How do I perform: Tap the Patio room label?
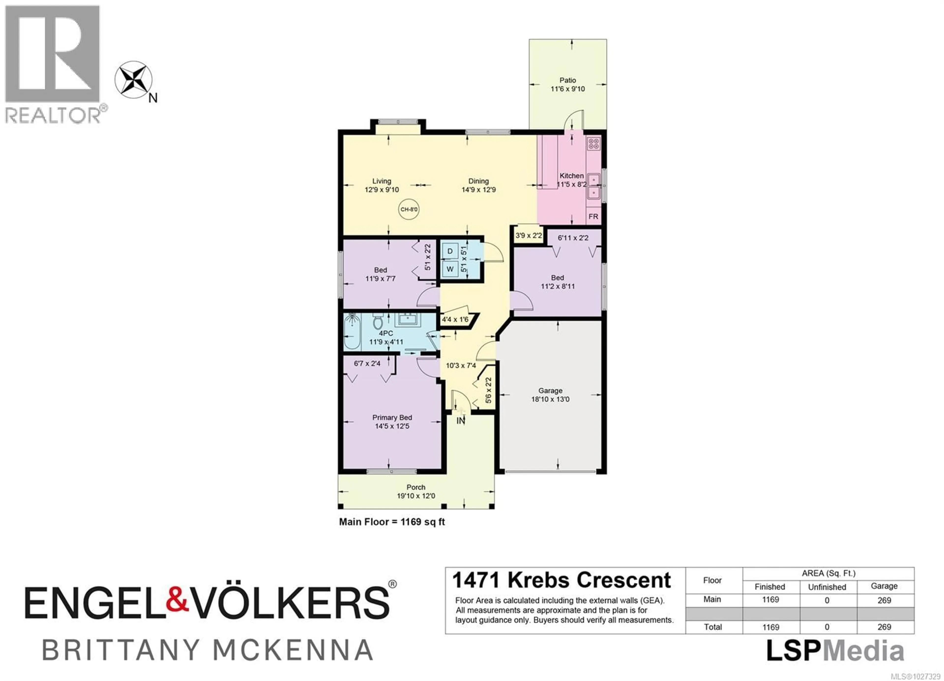click(567, 80)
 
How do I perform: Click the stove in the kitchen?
click(593, 144)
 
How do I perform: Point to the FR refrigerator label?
click(593, 216)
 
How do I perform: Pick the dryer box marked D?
click(450, 251)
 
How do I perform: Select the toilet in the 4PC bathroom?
click(378, 322)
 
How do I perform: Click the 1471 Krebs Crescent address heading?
click(561, 580)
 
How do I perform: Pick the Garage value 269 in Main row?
click(884, 600)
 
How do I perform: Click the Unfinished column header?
click(827, 587)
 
